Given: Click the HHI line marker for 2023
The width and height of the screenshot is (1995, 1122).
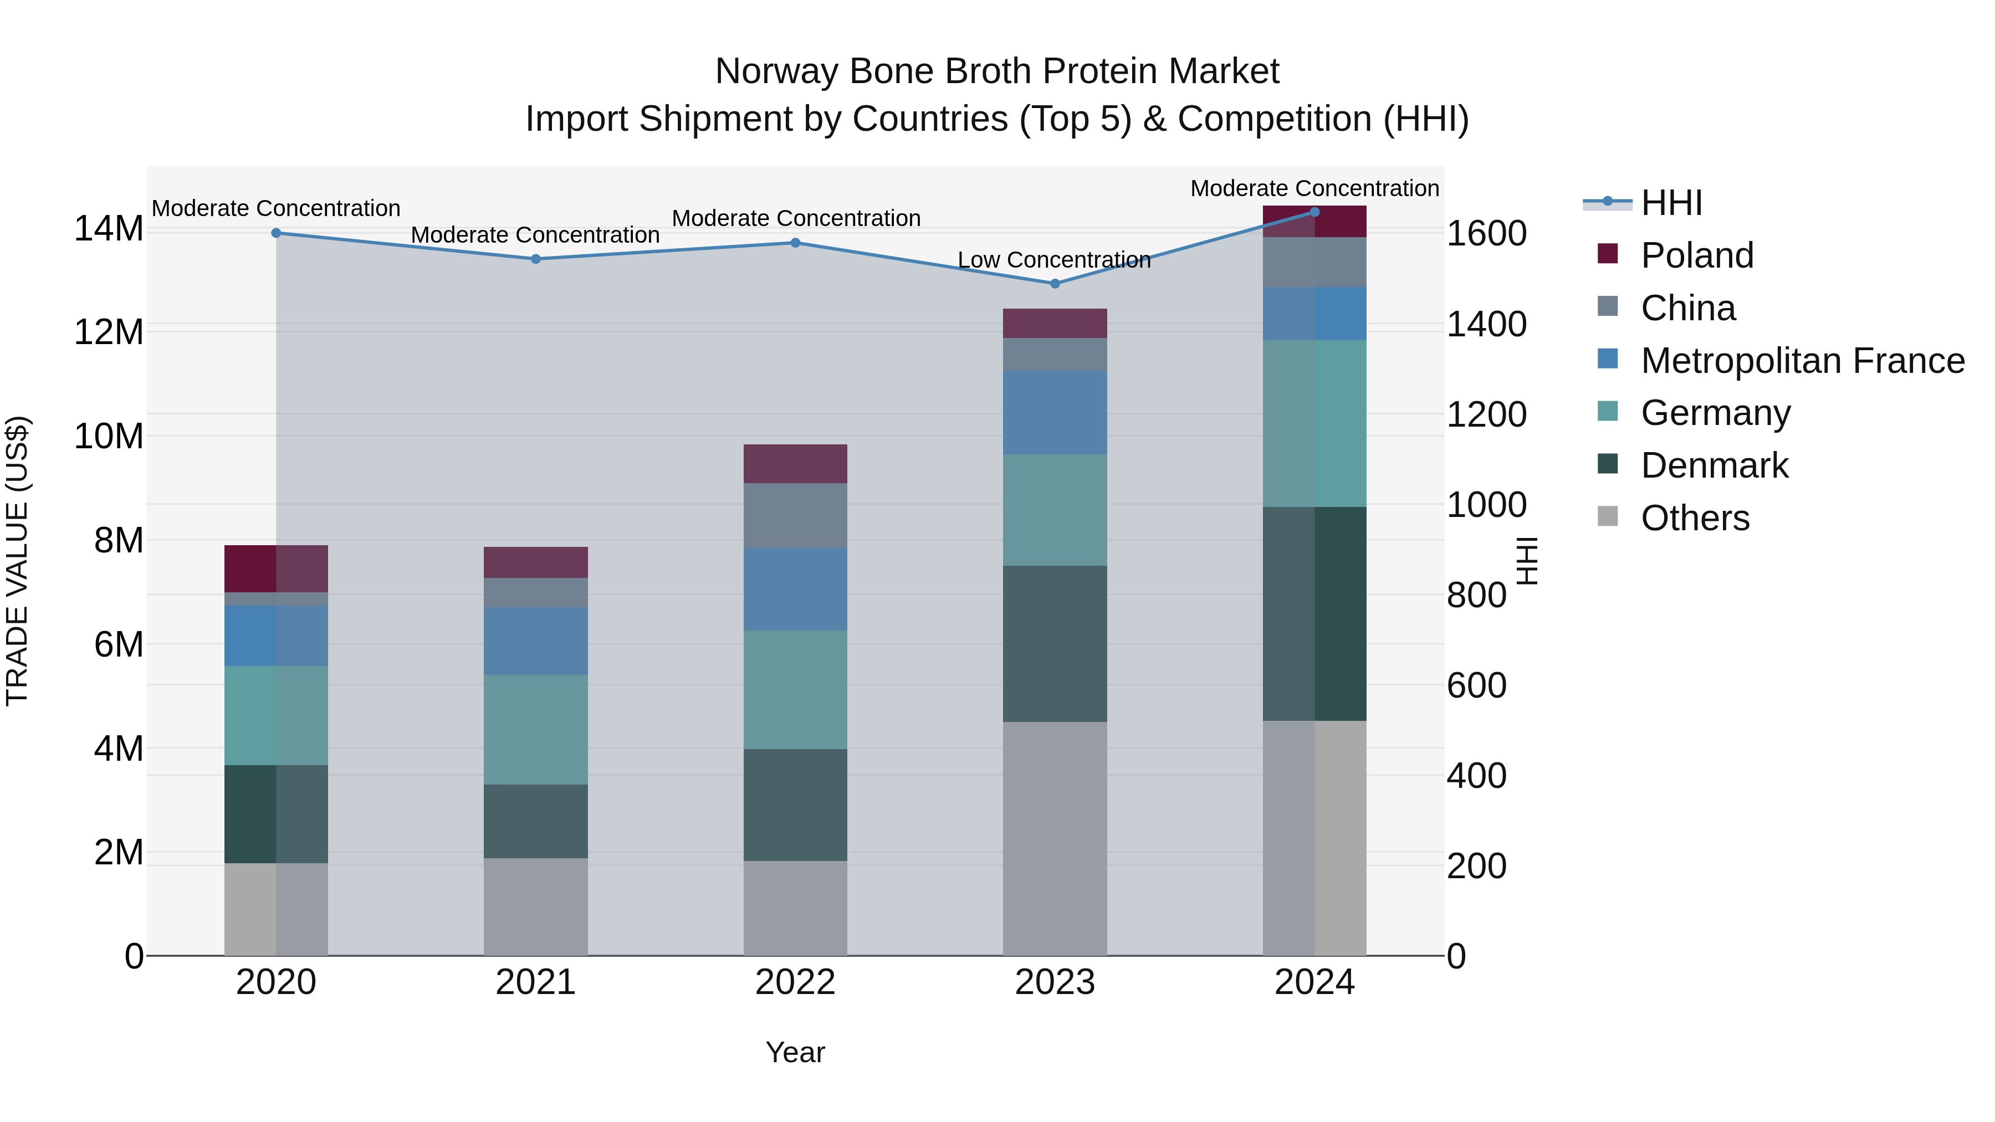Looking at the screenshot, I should (1054, 283).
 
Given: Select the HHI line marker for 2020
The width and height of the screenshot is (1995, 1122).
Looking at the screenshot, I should (276, 233).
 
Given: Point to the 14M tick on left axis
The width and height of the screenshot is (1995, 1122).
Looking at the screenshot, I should (109, 229).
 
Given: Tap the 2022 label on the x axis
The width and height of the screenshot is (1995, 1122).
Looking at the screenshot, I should (795, 982).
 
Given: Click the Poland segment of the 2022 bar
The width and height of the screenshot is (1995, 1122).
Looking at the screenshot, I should (795, 464).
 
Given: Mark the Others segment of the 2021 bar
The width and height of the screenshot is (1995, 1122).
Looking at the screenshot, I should (535, 906).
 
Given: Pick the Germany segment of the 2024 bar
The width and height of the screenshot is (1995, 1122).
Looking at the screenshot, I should (1314, 423).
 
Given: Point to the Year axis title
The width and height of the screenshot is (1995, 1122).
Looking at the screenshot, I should (795, 1052).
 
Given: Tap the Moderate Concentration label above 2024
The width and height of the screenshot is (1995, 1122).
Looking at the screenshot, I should (1314, 188).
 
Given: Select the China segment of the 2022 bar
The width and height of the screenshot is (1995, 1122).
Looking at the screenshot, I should (795, 516).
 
